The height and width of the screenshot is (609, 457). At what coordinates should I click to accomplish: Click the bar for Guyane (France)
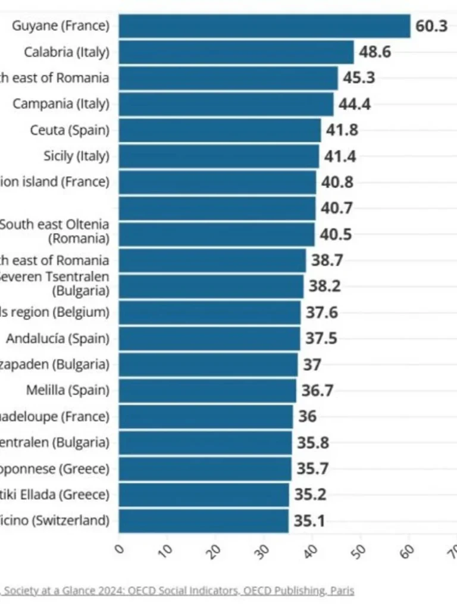(x=264, y=26)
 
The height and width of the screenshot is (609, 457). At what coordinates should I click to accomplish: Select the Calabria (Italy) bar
(x=236, y=52)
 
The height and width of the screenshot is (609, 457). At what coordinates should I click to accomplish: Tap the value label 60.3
(x=431, y=27)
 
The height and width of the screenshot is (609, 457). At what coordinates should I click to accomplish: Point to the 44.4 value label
(x=355, y=104)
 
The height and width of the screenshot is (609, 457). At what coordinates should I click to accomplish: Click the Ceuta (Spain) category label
(x=70, y=130)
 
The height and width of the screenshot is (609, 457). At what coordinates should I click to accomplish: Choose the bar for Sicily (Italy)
(x=219, y=156)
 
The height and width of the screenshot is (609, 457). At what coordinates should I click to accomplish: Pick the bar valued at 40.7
(x=217, y=208)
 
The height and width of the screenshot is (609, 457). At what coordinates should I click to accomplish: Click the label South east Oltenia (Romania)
(x=55, y=232)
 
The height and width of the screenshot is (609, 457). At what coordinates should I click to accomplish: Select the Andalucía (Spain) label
(x=58, y=338)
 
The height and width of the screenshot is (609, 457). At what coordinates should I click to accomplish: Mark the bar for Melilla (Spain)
(x=207, y=391)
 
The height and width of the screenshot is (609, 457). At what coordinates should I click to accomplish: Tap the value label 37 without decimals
(x=312, y=365)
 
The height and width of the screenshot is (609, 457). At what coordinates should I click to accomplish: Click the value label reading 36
(x=307, y=416)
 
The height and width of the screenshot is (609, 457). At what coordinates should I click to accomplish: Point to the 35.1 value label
(x=309, y=522)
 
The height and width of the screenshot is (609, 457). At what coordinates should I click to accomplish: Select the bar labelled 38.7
(x=212, y=260)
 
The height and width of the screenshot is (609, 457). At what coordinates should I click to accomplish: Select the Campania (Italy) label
(x=61, y=103)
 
